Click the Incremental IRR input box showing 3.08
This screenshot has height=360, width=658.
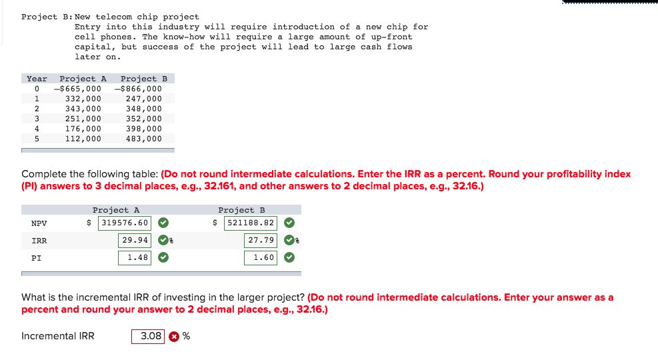(147, 336)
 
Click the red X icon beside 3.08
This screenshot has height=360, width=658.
(174, 337)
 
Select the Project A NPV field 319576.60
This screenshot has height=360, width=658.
(124, 223)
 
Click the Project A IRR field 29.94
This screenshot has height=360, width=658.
(135, 240)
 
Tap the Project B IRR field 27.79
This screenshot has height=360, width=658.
(261, 240)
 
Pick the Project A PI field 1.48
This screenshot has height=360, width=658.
(135, 257)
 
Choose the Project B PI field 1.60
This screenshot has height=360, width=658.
(261, 257)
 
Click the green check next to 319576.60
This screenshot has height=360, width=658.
(163, 223)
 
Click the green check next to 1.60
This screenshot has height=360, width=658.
(289, 257)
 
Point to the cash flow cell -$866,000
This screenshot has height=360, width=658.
(139, 89)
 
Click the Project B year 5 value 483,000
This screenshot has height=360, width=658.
(143, 139)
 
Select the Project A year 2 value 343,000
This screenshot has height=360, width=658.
(83, 109)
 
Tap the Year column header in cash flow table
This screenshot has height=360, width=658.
(37, 79)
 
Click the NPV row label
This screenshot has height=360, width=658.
(39, 223)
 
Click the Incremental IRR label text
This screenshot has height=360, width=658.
(58, 336)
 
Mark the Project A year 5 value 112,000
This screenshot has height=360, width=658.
(83, 139)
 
